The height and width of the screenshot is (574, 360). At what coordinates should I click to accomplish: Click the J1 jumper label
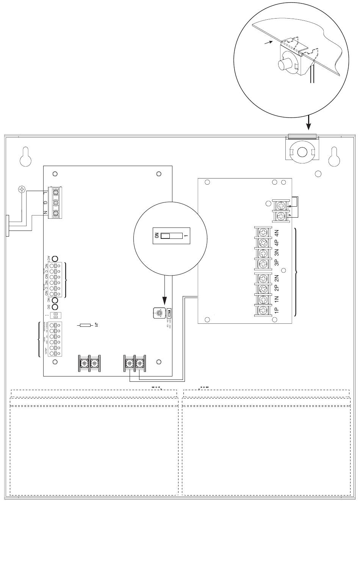pos(96,325)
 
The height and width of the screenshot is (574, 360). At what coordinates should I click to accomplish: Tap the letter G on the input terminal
pos(45,203)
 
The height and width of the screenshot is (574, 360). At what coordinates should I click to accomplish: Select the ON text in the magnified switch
pos(155,236)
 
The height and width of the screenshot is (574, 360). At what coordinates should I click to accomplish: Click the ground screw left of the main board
pos(22,189)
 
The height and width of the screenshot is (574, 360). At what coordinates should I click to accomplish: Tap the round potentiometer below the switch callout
pos(158,313)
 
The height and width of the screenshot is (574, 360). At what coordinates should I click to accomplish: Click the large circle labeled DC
pos(55,307)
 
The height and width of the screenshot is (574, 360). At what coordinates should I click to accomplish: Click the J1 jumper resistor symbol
pos(86,325)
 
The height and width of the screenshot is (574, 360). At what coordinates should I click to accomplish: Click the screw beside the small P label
pos(281,216)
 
